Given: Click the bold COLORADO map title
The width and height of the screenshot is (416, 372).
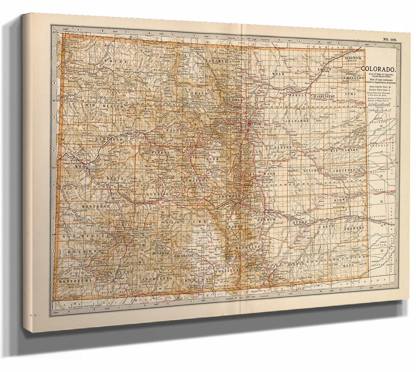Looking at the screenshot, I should [380, 69].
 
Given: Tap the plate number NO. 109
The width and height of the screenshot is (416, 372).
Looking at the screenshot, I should [389, 40].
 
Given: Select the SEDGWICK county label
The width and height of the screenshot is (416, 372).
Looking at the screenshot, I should [352, 58].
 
